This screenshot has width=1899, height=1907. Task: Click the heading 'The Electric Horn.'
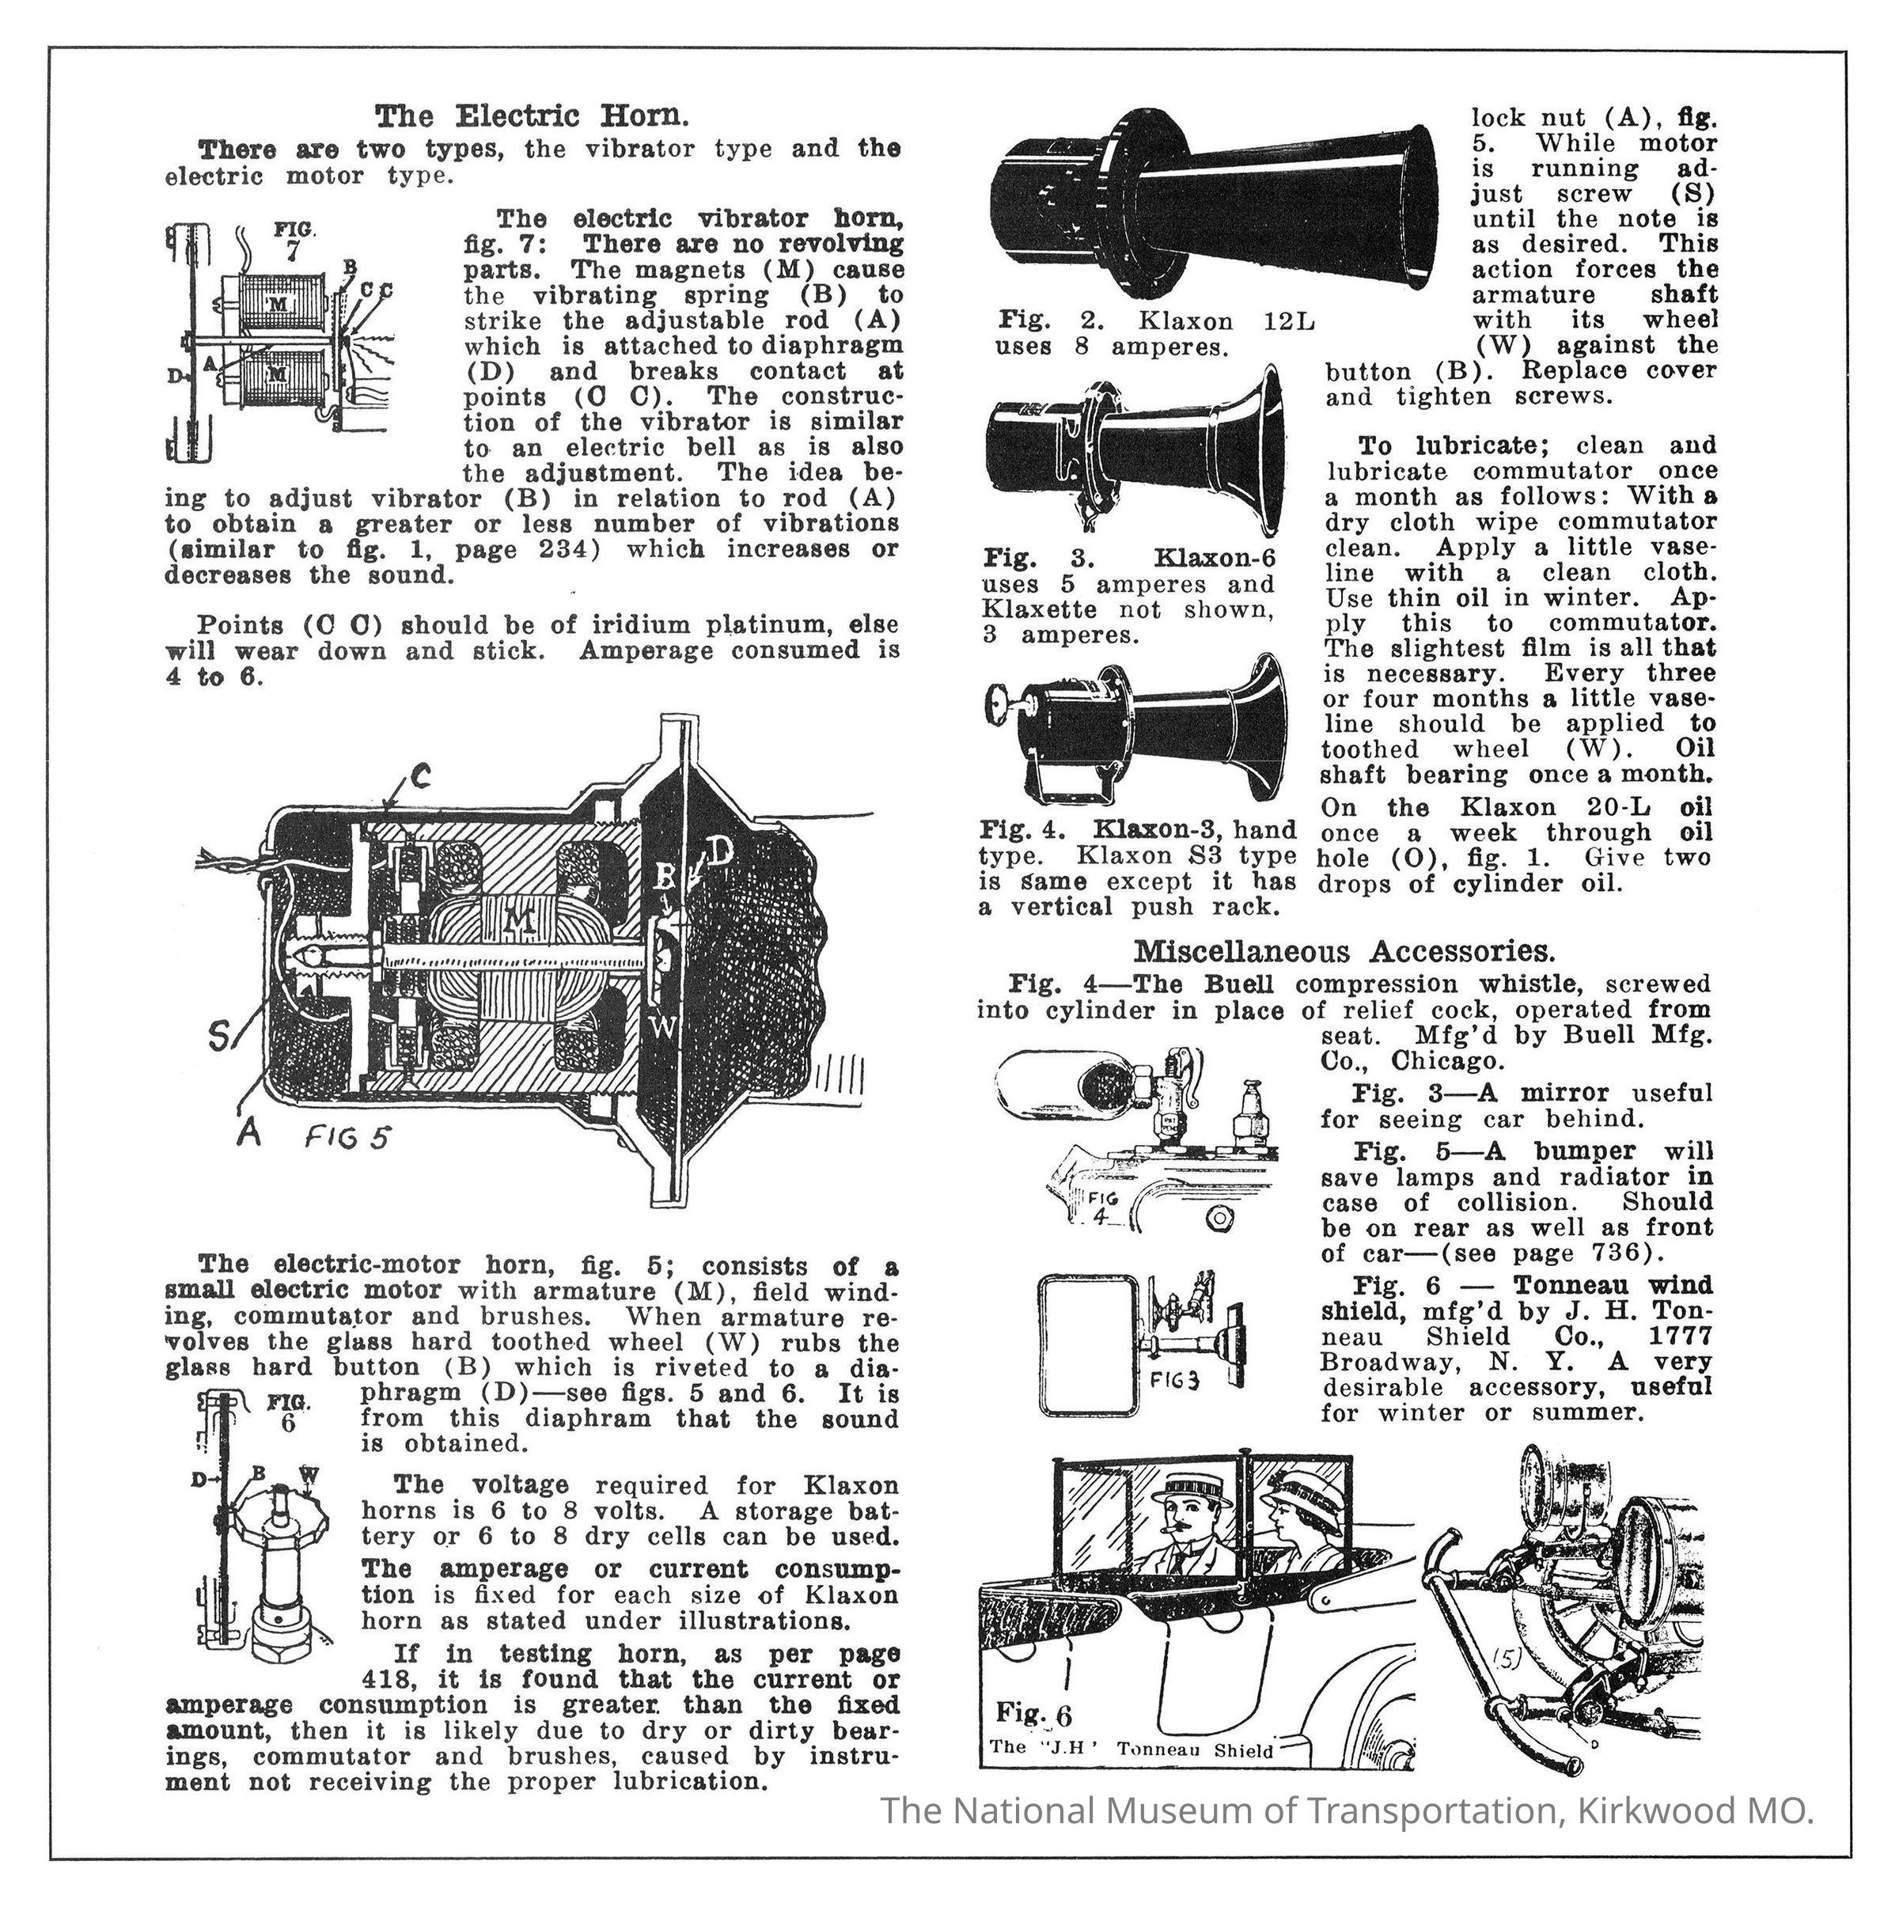531,116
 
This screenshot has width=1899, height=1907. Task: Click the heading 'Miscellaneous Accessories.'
1344,952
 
